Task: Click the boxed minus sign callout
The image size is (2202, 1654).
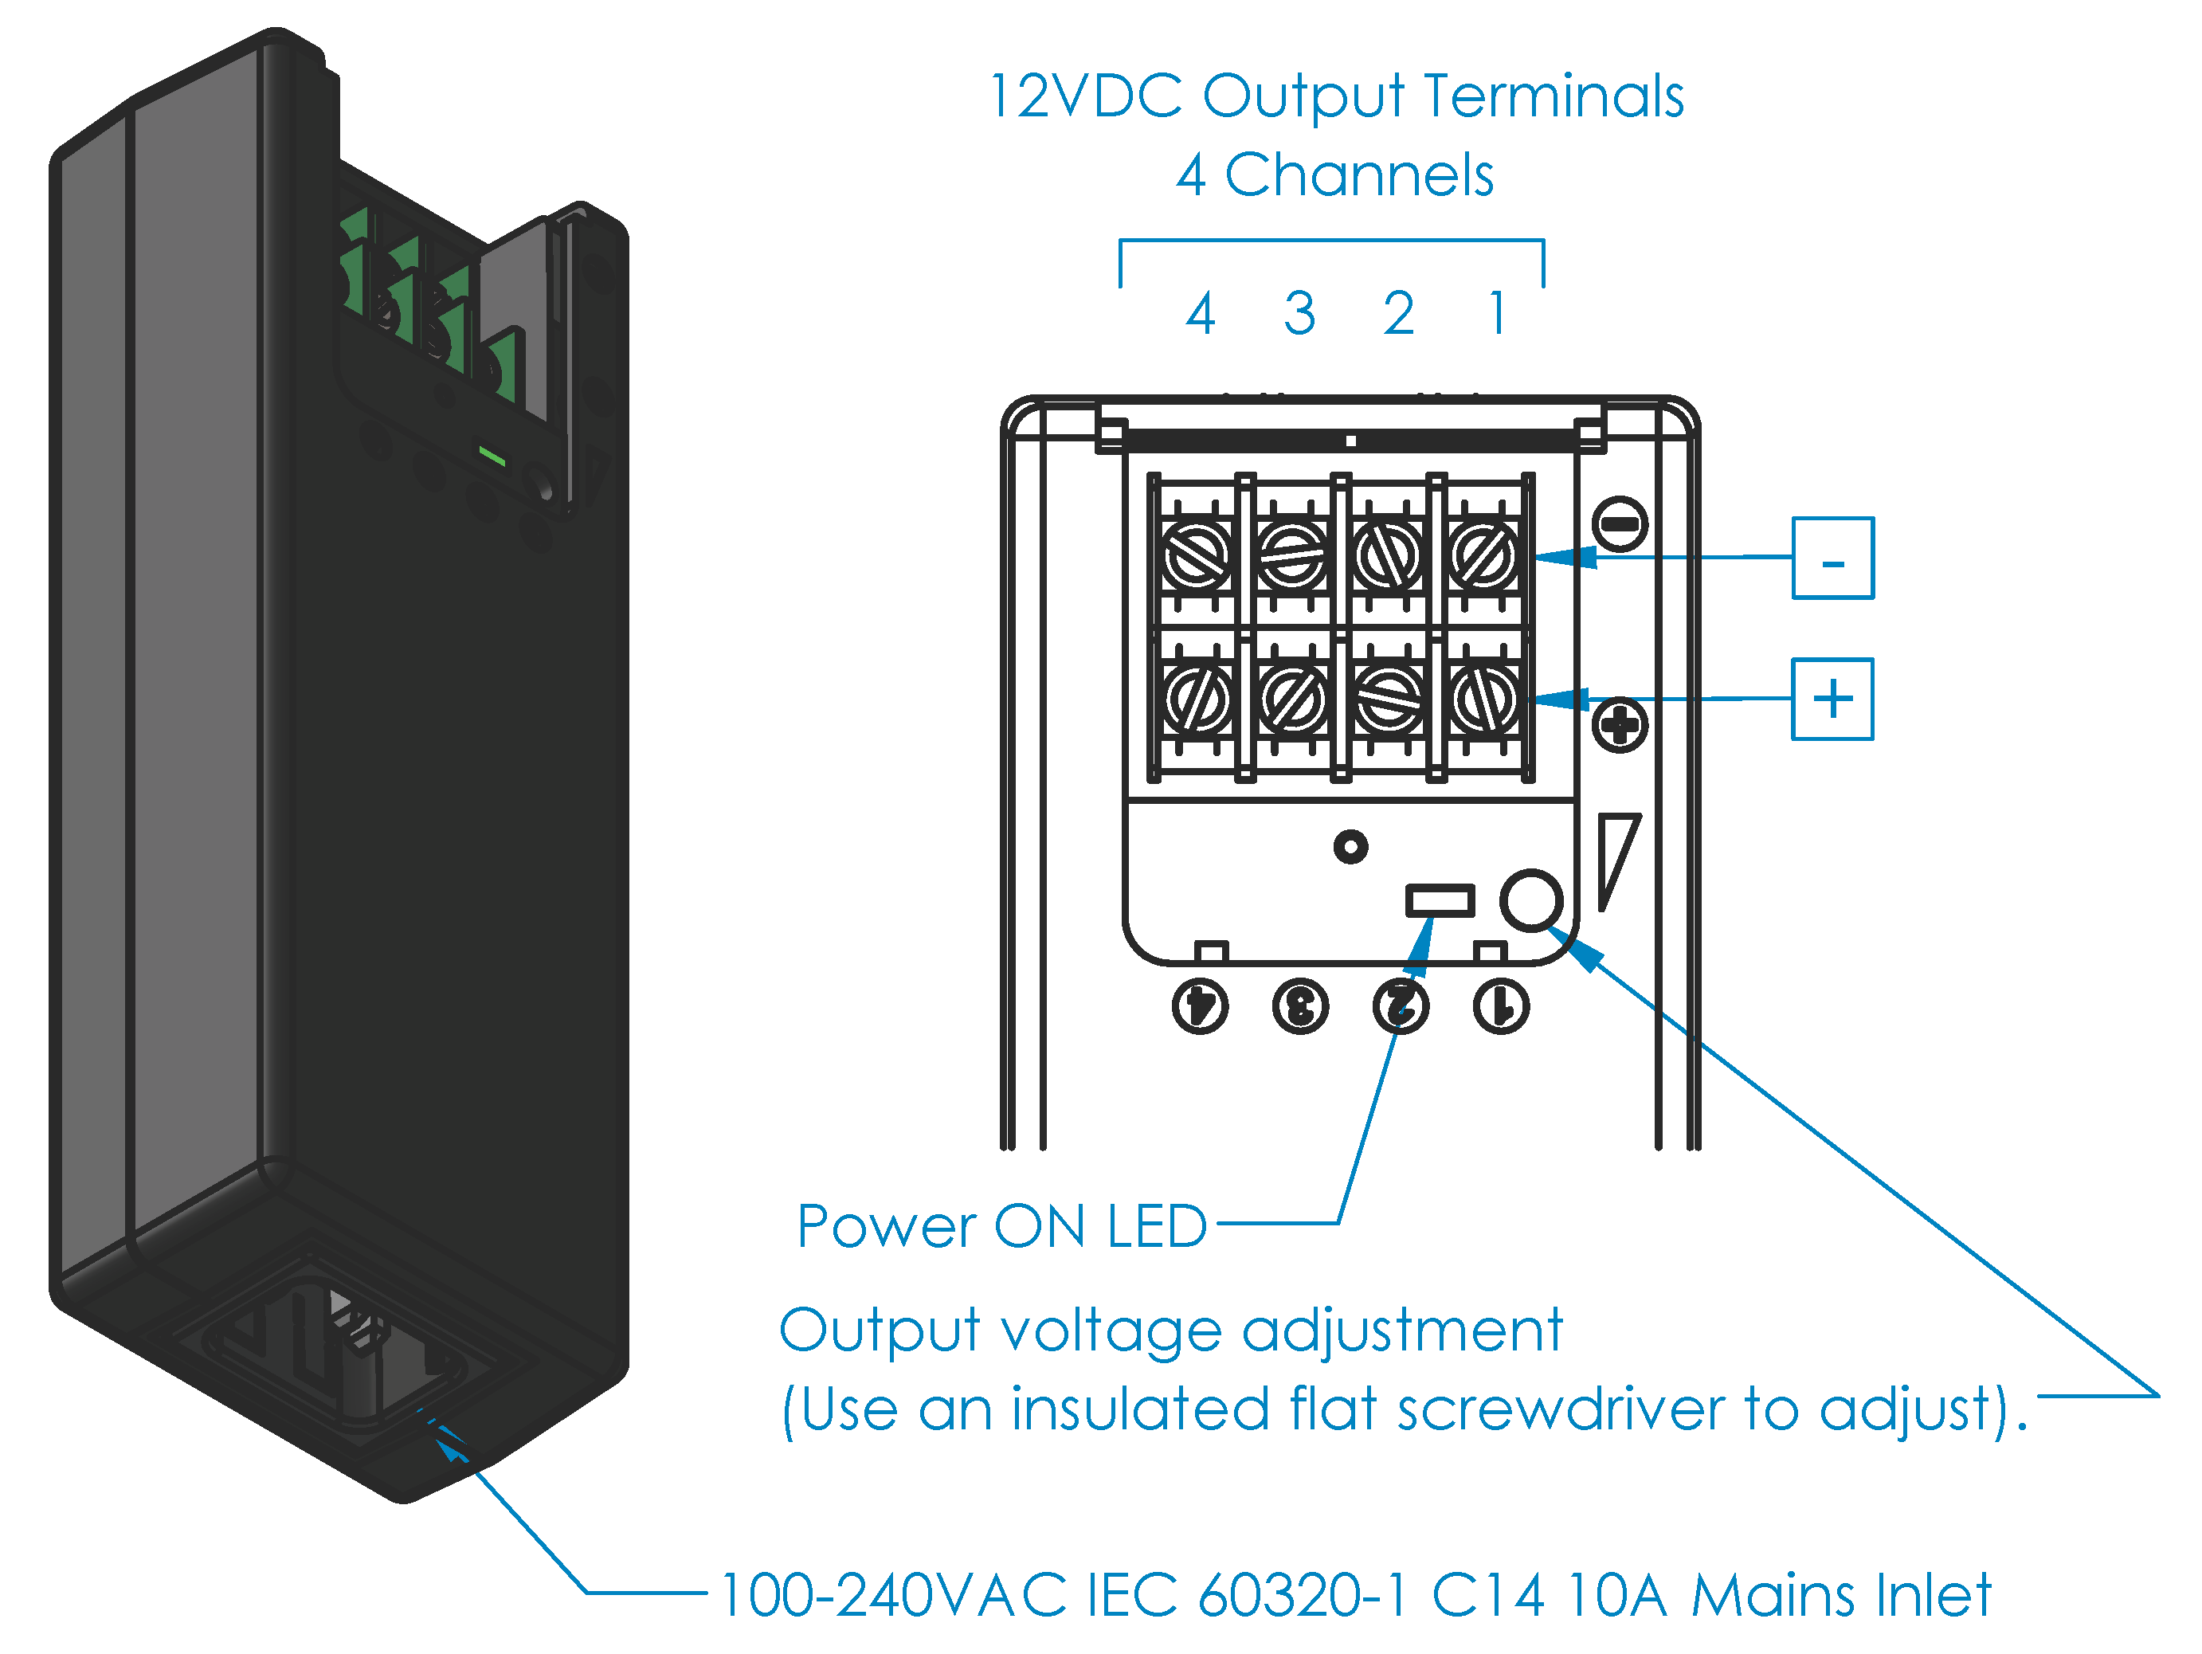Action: (1832, 558)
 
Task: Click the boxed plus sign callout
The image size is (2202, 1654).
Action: (1832, 699)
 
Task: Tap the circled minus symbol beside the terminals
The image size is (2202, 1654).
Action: (1620, 523)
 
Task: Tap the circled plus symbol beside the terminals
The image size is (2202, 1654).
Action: (1620, 725)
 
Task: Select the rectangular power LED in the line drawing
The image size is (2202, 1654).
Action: (1440, 900)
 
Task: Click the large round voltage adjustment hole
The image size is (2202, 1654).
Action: (1531, 900)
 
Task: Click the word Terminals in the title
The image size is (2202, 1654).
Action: (1554, 96)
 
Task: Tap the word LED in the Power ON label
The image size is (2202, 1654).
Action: (1157, 1226)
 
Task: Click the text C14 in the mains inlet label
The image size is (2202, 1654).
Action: (1488, 1595)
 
